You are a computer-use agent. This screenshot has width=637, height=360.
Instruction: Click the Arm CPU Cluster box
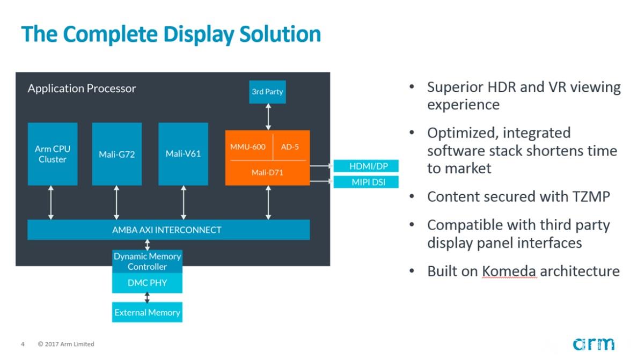pos(53,154)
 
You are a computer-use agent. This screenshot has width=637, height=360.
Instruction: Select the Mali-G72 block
pos(117,154)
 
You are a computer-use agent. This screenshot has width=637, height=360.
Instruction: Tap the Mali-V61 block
pos(183,154)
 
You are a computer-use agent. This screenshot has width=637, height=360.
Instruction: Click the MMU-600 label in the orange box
pos(248,146)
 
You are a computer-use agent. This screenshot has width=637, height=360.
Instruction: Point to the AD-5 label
pos(290,146)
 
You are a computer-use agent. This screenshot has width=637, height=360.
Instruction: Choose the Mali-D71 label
pos(267,172)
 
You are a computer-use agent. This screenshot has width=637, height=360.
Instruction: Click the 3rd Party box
pos(267,92)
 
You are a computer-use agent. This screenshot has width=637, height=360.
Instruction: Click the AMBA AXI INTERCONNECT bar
pos(168,230)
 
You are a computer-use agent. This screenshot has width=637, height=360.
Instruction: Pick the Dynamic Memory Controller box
pos(147,261)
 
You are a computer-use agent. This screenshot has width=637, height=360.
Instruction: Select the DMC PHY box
pos(147,283)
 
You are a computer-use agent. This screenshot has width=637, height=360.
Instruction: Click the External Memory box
pos(147,312)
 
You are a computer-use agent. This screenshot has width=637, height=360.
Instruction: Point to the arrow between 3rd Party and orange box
pos(268,114)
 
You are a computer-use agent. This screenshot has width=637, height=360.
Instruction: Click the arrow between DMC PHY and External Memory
pos(147,298)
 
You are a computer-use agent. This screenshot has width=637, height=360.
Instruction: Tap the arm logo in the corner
pos(593,344)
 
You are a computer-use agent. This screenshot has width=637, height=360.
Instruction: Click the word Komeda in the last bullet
pos(509,271)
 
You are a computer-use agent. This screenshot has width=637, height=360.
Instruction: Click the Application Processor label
pos(82,89)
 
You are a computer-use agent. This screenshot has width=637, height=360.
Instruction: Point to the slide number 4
pos(23,344)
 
